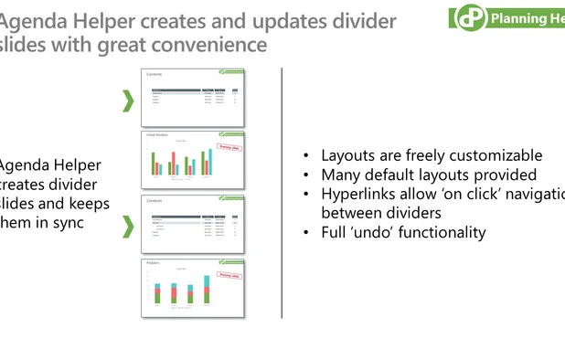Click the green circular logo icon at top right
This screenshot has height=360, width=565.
pos(469,17)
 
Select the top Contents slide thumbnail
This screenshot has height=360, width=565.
pos(193,98)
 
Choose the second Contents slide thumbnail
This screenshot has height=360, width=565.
pos(193,223)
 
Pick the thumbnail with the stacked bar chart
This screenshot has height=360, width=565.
pos(193,287)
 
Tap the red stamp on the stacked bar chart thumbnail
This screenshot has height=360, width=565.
pos(229,273)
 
